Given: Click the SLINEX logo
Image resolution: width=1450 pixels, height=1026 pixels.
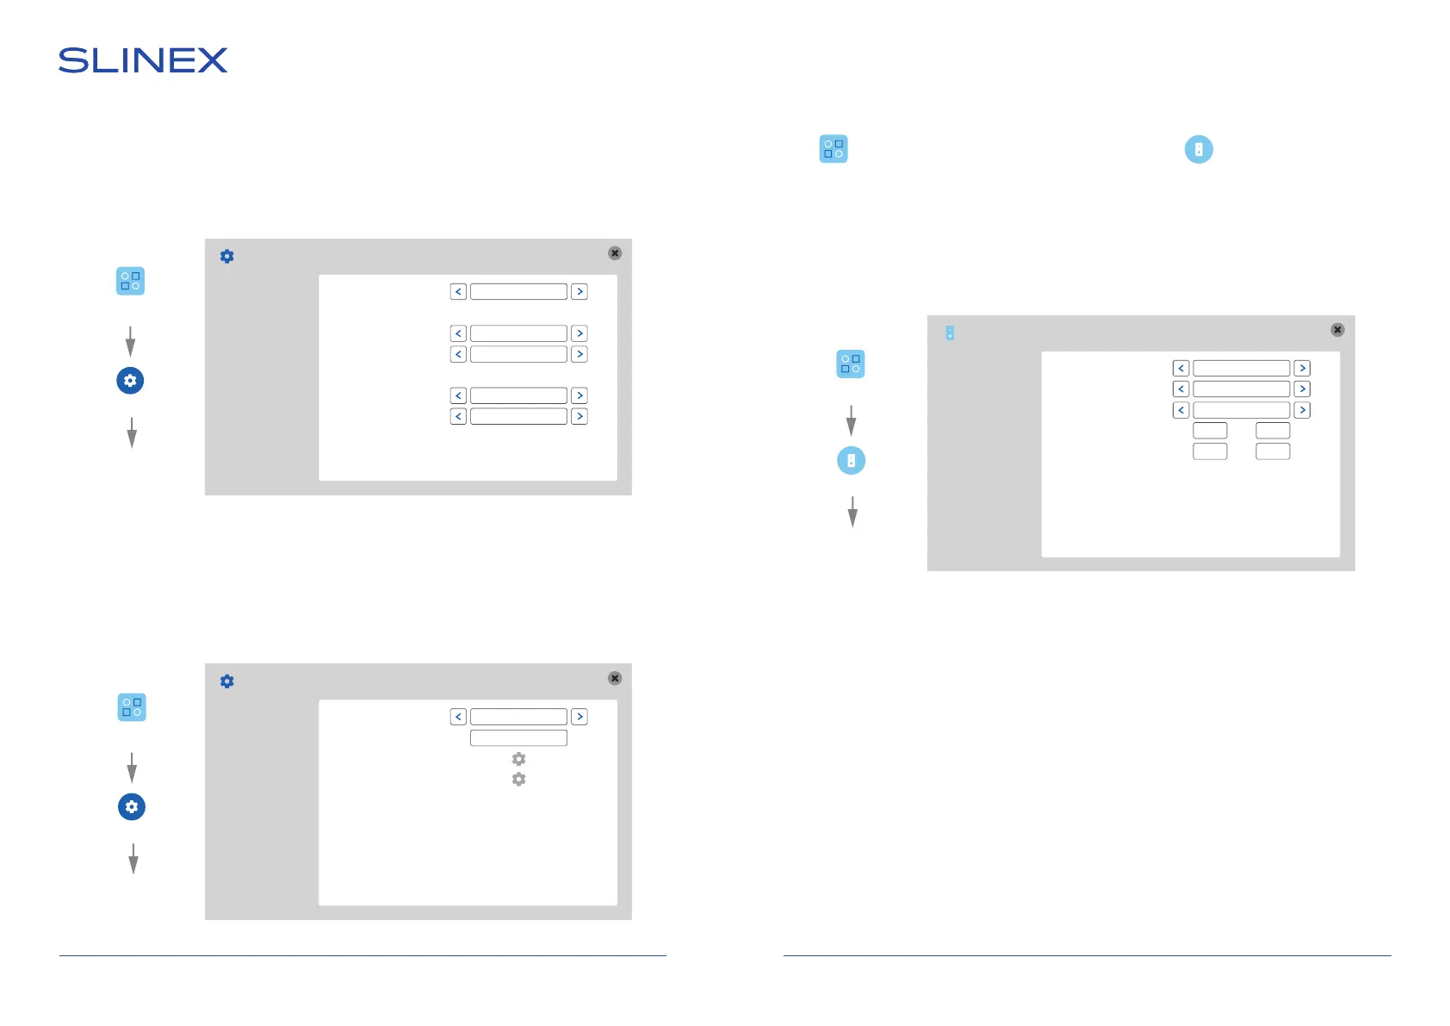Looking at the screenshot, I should click(143, 60).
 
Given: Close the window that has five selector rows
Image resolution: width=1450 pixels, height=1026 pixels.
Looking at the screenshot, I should click(615, 253).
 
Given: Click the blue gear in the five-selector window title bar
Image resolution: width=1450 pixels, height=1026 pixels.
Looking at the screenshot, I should click(227, 257).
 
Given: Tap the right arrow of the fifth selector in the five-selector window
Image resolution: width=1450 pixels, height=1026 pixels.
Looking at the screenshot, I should click(579, 417).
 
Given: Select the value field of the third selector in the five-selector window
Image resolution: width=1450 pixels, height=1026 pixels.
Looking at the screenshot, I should click(518, 354).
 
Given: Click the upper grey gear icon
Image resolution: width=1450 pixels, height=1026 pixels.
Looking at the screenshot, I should click(518, 759).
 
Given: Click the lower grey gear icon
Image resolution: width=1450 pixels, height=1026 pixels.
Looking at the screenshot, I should click(518, 779).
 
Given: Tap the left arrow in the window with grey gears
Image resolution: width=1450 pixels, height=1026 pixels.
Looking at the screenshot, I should click(458, 717).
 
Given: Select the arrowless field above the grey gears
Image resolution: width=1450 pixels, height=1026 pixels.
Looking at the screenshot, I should click(518, 738).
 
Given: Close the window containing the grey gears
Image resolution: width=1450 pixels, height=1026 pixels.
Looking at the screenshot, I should click(615, 678).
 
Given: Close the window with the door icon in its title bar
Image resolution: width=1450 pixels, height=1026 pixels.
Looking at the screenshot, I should click(1337, 330).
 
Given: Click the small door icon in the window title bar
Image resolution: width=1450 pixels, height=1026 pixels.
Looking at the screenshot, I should click(950, 333).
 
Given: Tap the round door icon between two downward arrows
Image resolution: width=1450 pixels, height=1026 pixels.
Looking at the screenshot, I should click(852, 461).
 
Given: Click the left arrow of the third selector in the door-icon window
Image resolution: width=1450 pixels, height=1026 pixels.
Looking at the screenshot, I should click(1180, 410).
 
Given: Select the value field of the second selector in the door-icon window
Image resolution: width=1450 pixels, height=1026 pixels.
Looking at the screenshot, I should click(1241, 389).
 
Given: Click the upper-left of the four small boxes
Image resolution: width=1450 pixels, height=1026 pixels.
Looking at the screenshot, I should click(1210, 431).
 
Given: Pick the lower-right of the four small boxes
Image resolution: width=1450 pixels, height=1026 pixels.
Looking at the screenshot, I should click(1273, 451).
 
